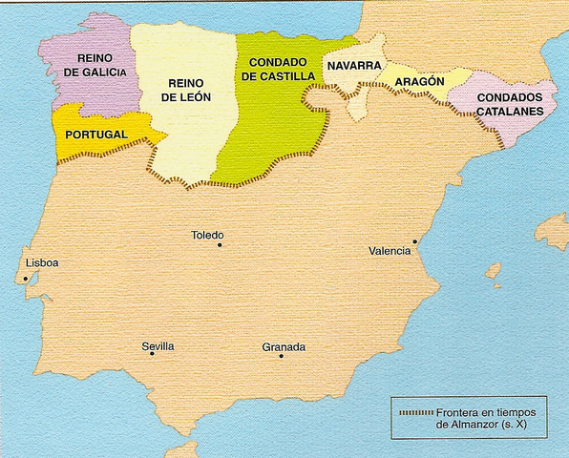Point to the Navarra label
pos(353,66)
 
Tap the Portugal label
pos(96,135)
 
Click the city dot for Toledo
pos(219,245)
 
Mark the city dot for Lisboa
pos(26,279)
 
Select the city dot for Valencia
pos(414,241)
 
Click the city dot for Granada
pos(282,356)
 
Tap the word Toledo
pos(207,235)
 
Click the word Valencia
pos(390,251)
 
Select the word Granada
pos(284,346)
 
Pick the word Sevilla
pos(158,345)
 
